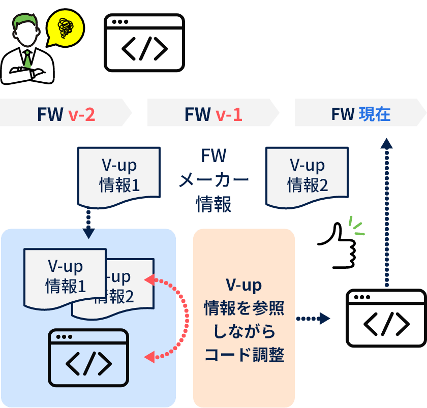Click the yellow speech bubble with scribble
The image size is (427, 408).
pyautogui.click(x=65, y=28)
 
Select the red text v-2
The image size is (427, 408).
pyautogui.click(x=81, y=114)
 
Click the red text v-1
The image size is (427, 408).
pyautogui.click(x=228, y=114)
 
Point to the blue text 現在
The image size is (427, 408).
pyautogui.click(x=375, y=114)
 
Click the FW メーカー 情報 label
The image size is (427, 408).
pyautogui.click(x=213, y=180)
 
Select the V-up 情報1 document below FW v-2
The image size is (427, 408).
pyautogui.click(x=119, y=176)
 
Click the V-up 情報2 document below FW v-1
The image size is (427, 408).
pyautogui.click(x=307, y=176)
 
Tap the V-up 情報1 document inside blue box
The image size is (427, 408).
pyautogui.click(x=66, y=277)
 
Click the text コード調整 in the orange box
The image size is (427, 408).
pyautogui.click(x=244, y=354)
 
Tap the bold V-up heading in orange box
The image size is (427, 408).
pyautogui.click(x=244, y=286)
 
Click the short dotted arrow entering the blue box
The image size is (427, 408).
pyautogui.click(x=88, y=224)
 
